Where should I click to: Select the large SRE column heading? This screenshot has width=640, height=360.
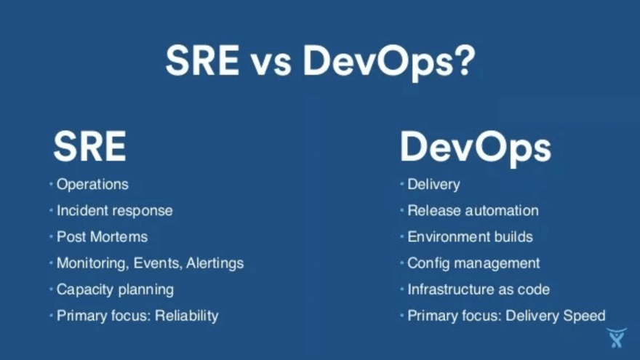pyautogui.click(x=89, y=146)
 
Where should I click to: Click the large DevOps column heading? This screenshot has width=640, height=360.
pyautogui.click(x=476, y=148)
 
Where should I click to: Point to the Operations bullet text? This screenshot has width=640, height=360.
pyautogui.click(x=92, y=185)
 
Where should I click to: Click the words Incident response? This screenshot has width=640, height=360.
pyautogui.click(x=115, y=211)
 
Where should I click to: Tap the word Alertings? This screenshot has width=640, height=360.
pyautogui.click(x=215, y=263)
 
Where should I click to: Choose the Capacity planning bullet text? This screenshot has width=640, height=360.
pyautogui.click(x=115, y=289)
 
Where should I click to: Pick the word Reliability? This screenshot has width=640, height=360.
pyautogui.click(x=186, y=316)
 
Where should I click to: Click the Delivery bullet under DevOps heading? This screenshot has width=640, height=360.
pyautogui.click(x=434, y=185)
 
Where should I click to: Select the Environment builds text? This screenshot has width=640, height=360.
pyautogui.click(x=471, y=237)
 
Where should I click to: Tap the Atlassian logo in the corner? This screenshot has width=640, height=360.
pyautogui.click(x=616, y=337)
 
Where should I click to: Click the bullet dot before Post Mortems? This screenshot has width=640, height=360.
pyautogui.click(x=51, y=237)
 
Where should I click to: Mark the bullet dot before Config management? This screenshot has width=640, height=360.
pyautogui.click(x=402, y=263)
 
